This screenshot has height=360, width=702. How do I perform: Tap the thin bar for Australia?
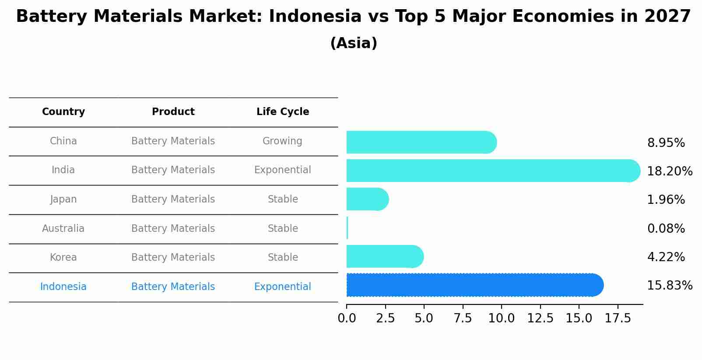[347, 228]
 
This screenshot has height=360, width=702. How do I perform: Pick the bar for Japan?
[367, 199]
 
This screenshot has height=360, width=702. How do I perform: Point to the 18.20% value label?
[669, 171]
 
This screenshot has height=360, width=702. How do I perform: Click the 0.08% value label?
[666, 228]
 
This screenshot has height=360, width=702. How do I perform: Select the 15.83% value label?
[669, 286]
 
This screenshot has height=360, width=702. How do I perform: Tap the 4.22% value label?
[666, 257]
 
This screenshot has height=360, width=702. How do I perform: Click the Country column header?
[63, 112]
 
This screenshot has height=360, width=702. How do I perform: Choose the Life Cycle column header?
[283, 112]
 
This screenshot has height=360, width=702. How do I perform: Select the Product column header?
[173, 112]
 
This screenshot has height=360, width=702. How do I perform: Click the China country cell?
[63, 141]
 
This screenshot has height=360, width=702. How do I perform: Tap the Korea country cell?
[63, 257]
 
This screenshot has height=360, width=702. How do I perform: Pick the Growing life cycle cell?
[282, 141]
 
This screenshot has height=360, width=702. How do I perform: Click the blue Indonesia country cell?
[63, 287]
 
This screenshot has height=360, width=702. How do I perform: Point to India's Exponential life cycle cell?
[282, 170]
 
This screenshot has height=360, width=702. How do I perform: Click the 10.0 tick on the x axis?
[502, 318]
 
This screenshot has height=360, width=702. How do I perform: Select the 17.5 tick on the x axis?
[618, 318]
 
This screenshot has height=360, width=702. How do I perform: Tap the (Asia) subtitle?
[354, 43]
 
